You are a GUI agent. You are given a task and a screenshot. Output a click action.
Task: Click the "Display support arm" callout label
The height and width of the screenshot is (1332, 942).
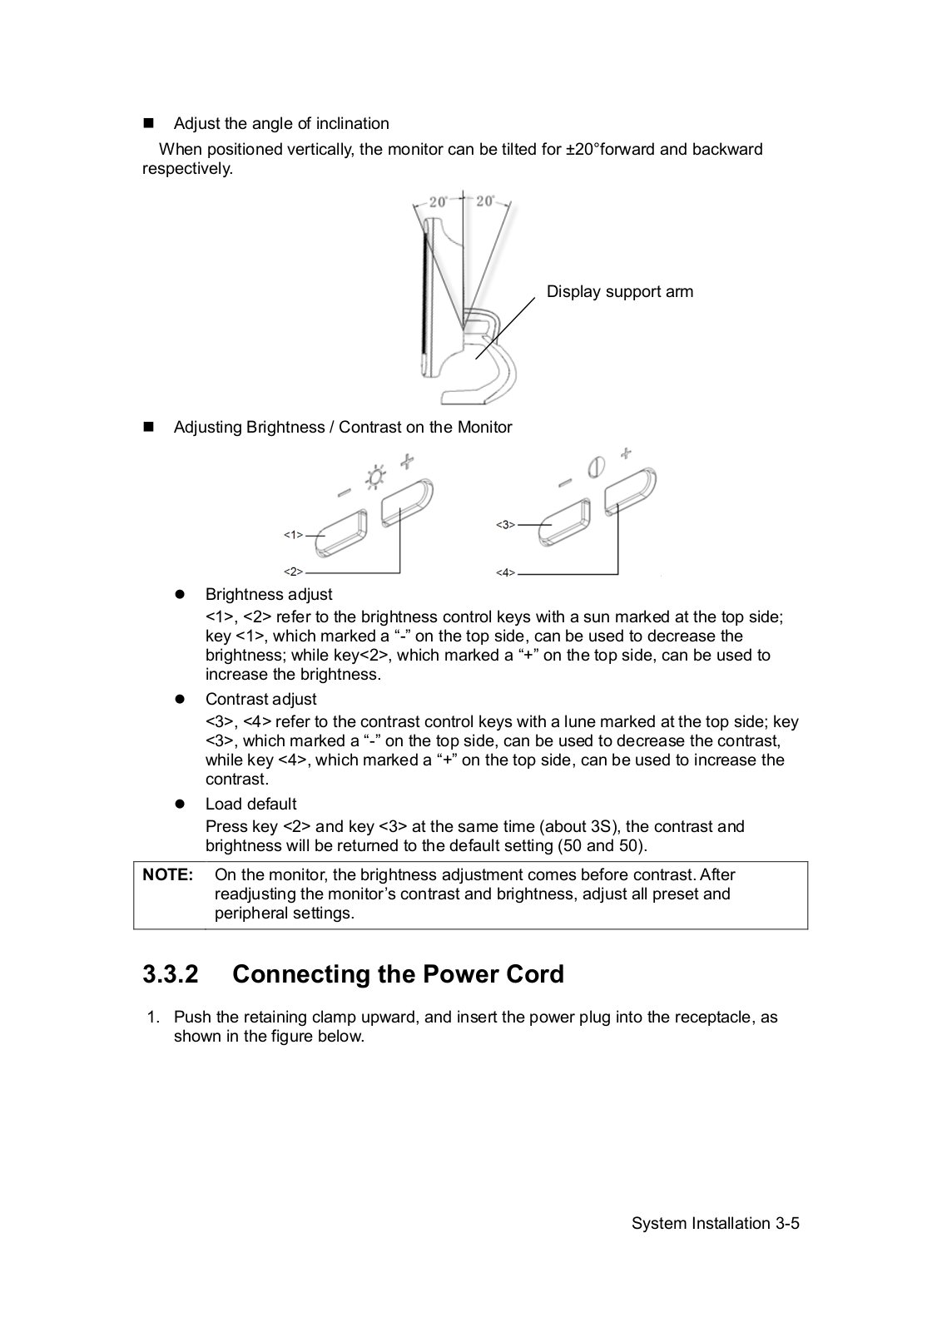(619, 292)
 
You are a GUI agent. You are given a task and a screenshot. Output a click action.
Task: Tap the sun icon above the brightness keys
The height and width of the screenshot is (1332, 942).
(377, 477)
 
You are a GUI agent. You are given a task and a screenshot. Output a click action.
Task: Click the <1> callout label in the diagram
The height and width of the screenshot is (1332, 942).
(293, 535)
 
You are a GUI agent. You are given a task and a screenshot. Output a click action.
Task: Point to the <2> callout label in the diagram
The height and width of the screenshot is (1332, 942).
(293, 572)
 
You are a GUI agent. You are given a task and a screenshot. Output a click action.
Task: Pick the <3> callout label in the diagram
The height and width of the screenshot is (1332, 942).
(505, 525)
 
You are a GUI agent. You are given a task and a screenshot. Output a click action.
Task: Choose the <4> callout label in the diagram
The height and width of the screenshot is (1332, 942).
(505, 572)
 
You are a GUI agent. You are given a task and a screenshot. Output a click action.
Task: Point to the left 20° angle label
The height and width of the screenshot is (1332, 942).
(439, 202)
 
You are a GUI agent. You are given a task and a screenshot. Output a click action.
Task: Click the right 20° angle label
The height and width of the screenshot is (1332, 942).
(485, 201)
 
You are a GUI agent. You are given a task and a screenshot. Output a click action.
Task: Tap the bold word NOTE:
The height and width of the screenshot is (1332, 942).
(168, 875)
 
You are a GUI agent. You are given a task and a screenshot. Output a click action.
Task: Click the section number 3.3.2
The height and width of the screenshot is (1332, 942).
(171, 974)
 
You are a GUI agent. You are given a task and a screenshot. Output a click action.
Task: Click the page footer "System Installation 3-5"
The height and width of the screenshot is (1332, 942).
(715, 1223)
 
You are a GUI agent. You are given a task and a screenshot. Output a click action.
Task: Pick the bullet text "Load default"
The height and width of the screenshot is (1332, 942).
(250, 805)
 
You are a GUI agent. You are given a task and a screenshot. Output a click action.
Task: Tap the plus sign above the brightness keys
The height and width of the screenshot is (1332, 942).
(407, 460)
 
